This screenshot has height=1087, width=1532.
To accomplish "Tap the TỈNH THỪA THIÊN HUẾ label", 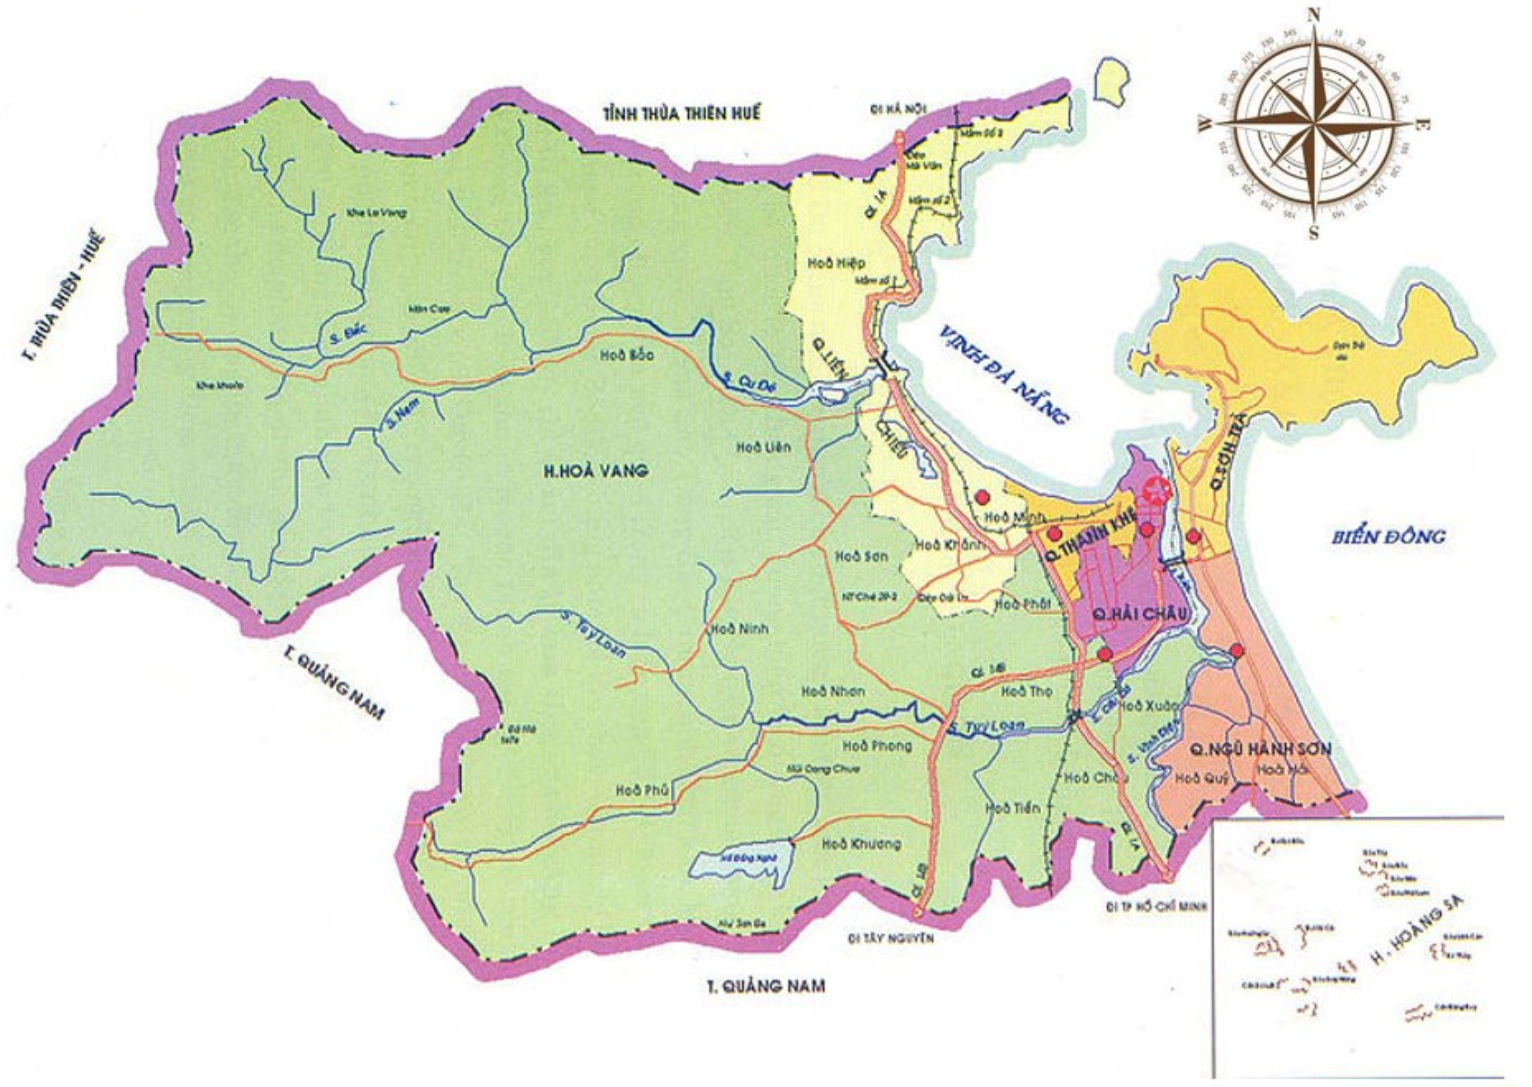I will click(x=681, y=114).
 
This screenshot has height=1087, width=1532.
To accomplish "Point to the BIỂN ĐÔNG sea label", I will click(x=1387, y=536).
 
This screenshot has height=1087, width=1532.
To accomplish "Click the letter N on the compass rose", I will click(x=1314, y=15).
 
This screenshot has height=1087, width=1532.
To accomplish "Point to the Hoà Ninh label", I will click(x=739, y=628).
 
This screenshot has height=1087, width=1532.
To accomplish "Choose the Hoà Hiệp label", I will click(x=836, y=263).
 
